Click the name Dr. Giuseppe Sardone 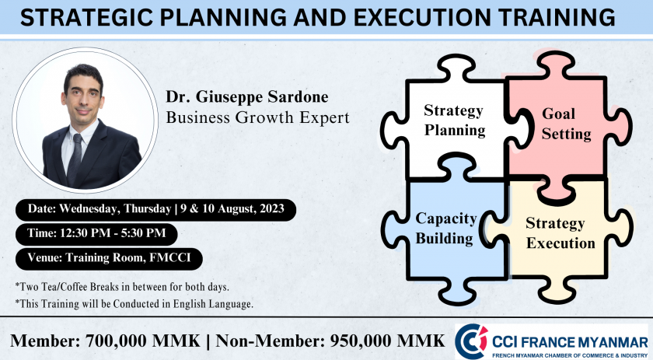click(247, 96)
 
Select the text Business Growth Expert click(258, 117)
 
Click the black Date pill click(155, 209)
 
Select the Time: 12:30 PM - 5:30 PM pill click(96, 234)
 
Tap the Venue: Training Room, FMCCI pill click(109, 259)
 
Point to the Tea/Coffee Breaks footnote click(122, 287)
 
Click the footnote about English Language click(134, 304)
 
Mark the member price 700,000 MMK click(143, 341)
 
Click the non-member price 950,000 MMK click(388, 341)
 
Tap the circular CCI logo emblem click(471, 341)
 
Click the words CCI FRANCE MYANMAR click(570, 342)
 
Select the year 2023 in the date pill click(272, 208)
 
